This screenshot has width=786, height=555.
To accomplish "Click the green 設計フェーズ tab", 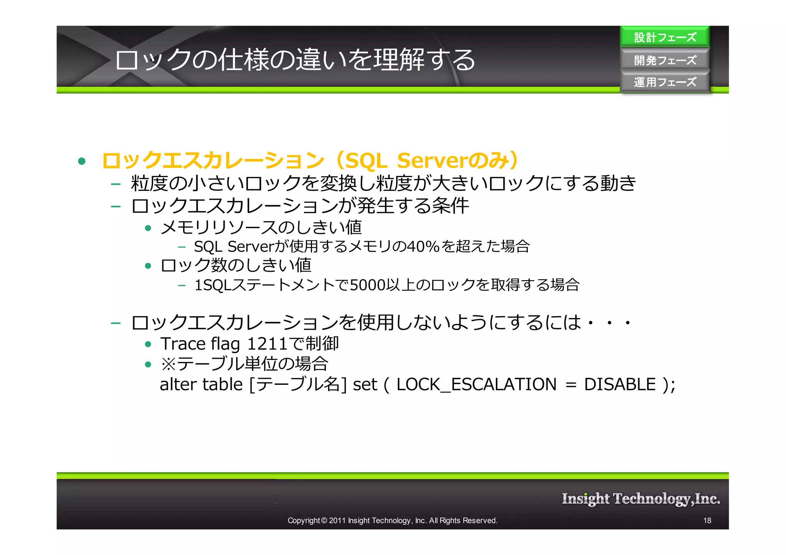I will point(665,37).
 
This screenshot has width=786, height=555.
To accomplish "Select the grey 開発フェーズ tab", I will point(665,60).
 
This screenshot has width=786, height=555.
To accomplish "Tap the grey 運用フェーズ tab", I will point(665,82).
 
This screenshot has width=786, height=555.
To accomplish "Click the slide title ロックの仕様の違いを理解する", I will point(295,60).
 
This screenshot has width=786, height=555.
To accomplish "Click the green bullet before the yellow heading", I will point(81,161).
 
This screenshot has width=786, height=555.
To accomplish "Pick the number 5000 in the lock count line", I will point(367,285).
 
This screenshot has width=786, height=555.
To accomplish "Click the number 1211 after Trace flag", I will point(267,343).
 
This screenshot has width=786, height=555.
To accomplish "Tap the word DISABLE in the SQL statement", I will point(620,384).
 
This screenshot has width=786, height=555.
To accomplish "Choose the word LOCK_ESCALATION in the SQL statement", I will point(476,384).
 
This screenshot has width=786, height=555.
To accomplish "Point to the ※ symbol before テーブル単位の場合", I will point(168,364).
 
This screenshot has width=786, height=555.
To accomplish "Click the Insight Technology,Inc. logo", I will point(641,499).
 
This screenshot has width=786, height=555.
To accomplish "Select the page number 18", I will point(707,521).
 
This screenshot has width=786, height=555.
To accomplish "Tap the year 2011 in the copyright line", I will point(337,521).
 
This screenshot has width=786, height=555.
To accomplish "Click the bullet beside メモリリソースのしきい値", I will point(148,228).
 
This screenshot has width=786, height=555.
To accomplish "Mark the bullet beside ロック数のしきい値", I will point(148,266).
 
